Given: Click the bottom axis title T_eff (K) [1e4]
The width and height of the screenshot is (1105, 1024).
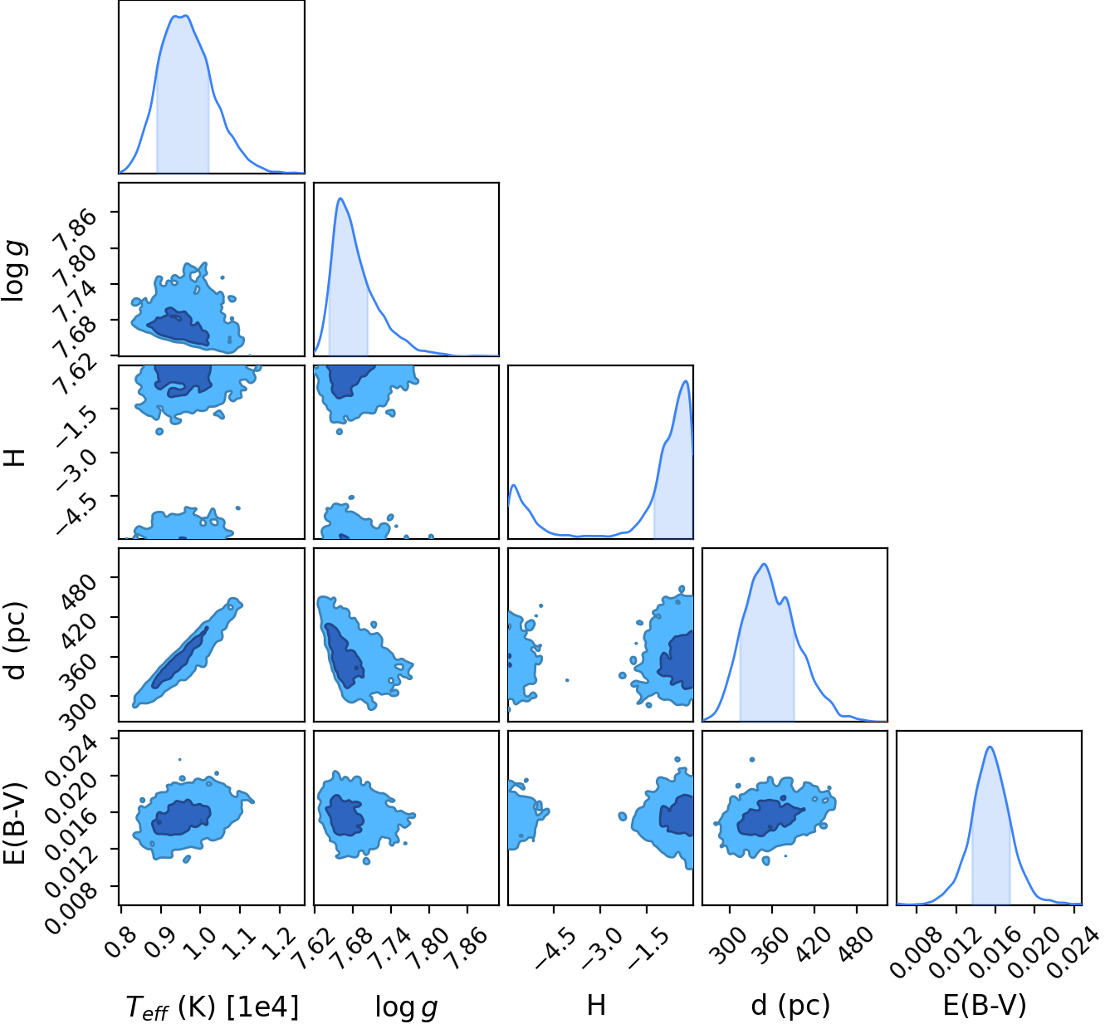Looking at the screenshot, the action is tap(213, 1007).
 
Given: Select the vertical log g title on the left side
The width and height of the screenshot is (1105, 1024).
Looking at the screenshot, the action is tap(14, 271).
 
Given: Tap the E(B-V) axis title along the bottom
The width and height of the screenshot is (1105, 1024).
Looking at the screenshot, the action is tap(985, 1005).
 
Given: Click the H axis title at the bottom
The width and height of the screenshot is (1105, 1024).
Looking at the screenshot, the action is tap(596, 1005).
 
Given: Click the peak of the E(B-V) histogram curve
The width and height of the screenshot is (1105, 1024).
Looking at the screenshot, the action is tap(990, 747).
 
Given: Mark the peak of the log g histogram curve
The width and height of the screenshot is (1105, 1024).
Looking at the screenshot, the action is tap(340, 198).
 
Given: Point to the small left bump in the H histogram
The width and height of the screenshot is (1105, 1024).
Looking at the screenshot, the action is tap(514, 486).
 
